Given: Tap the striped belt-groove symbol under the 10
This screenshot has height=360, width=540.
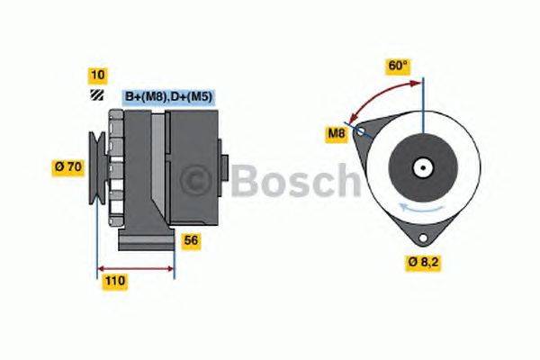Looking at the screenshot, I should (x=96, y=95).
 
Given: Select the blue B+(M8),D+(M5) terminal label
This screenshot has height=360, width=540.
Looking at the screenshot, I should (x=167, y=96).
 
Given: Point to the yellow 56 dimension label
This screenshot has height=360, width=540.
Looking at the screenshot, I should (x=191, y=240).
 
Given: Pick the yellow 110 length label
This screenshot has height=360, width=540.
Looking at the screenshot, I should (x=114, y=282).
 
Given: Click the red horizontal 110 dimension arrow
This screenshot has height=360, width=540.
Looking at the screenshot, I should (x=135, y=267).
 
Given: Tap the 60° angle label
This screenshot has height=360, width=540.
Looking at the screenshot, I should (x=398, y=66).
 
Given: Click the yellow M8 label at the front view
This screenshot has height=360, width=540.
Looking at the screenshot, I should (x=337, y=135).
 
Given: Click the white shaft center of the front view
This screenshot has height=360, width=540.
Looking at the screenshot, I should (x=419, y=167).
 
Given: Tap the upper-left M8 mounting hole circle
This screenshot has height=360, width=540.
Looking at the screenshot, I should (x=362, y=131).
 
